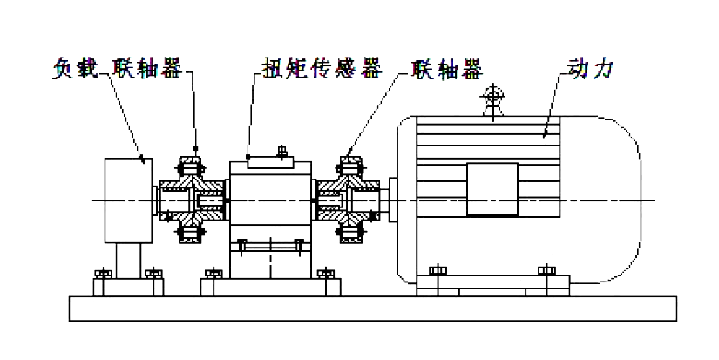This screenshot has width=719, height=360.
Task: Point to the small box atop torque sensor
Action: pos(276,160)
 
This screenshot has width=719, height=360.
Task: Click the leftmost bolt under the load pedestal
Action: pos(102,275)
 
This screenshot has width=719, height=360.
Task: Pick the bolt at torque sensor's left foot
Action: pos(211,275)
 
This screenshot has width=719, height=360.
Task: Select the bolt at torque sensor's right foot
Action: pos(327,275)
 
